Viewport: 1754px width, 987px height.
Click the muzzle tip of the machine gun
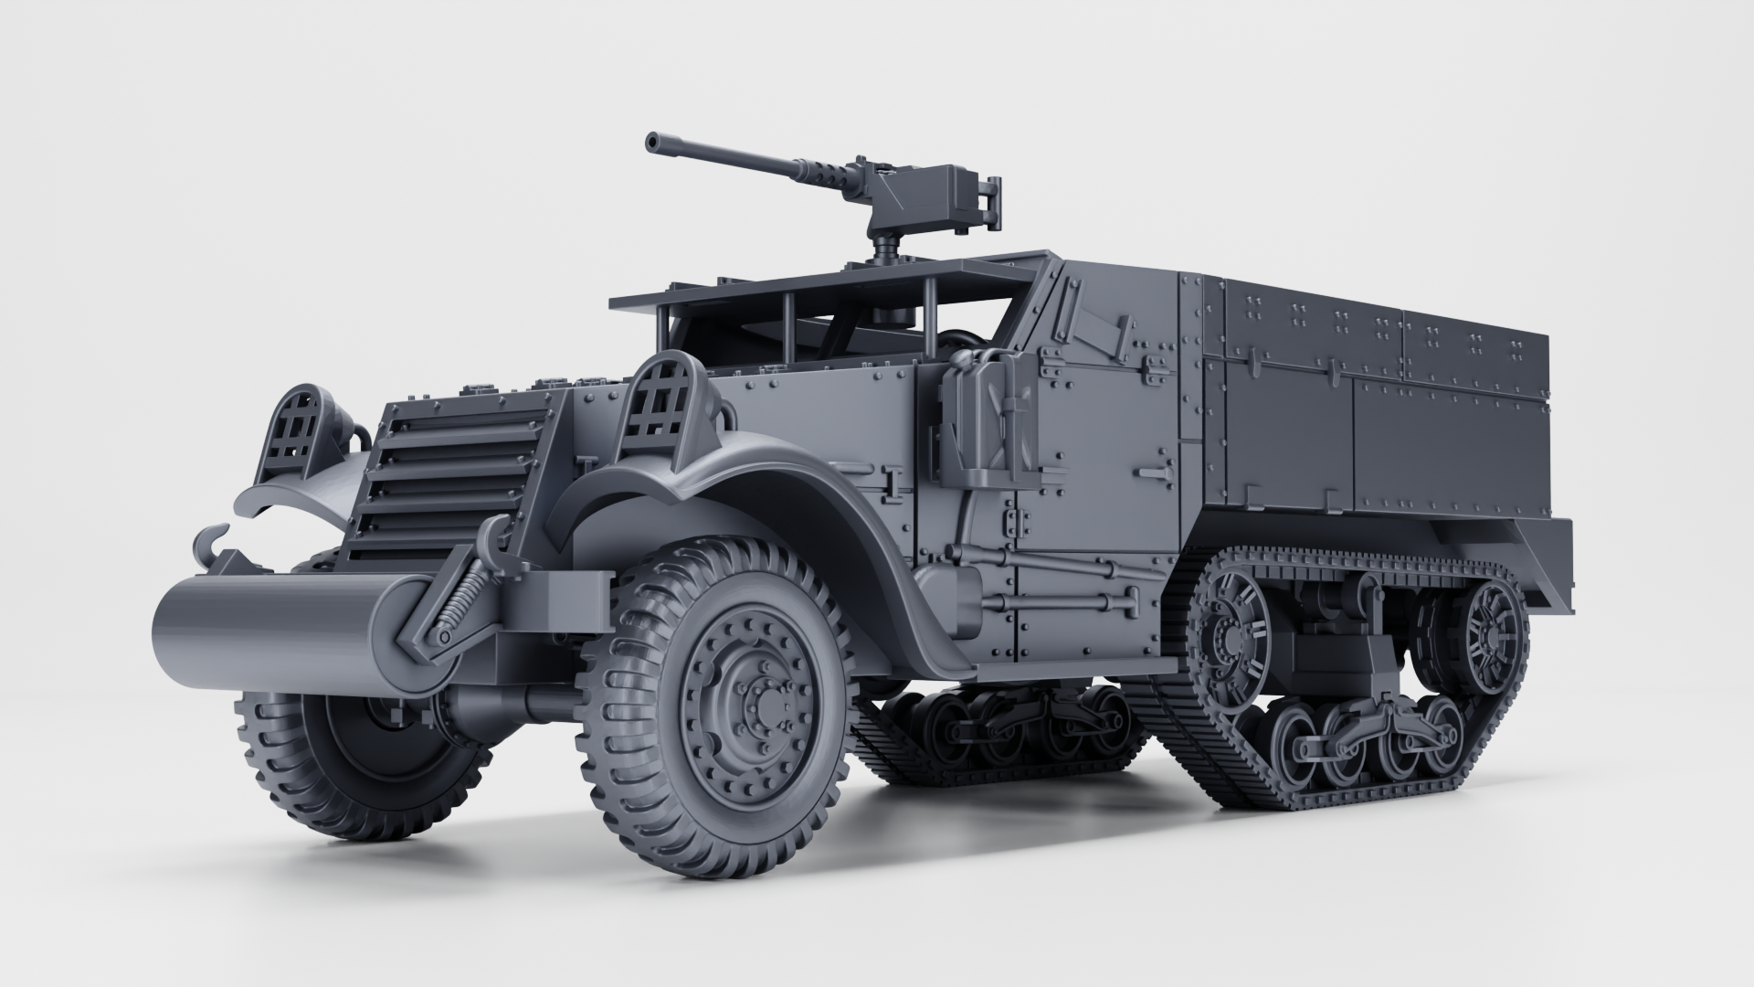(x=652, y=142)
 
